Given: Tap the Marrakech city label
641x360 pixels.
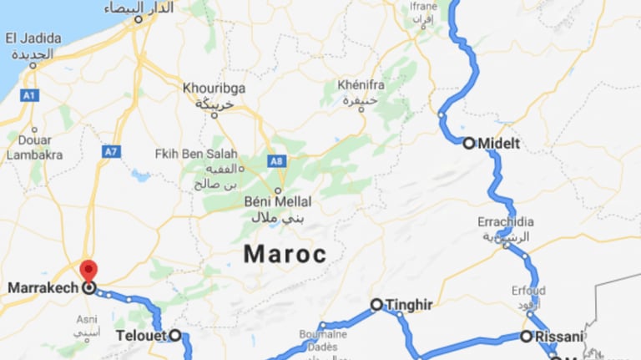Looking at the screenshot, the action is click(42, 288).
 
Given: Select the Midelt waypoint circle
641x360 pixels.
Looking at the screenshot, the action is click(469, 143).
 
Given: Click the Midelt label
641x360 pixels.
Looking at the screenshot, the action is click(499, 144).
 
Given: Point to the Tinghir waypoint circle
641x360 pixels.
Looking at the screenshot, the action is click(376, 305).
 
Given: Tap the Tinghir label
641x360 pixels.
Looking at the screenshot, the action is click(409, 306).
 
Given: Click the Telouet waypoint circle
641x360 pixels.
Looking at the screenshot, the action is click(175, 335).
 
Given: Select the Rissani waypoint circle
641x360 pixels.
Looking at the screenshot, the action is click(526, 336).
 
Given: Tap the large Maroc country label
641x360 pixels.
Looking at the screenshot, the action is click(285, 255).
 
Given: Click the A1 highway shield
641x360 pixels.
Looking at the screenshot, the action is click(29, 96).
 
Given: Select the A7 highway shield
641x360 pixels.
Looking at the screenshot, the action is click(111, 151).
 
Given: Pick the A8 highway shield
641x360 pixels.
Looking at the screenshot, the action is click(275, 161).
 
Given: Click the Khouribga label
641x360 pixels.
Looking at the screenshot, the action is click(214, 87).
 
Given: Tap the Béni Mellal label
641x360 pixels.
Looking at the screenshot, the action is click(278, 201).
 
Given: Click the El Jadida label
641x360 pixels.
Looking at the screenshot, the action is click(33, 38).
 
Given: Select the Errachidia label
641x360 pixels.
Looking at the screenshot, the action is click(504, 223).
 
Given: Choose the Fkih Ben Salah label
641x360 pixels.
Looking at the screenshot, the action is click(196, 155).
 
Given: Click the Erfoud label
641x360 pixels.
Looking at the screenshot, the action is click(528, 292).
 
